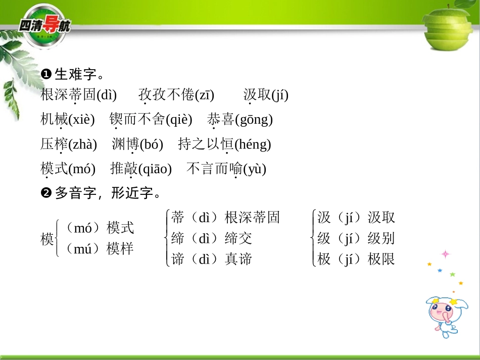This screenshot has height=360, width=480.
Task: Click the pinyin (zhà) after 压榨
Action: click(82, 145)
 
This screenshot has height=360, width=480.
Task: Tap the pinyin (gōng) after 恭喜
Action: click(254, 120)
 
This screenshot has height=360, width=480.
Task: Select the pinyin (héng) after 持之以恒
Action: click(253, 145)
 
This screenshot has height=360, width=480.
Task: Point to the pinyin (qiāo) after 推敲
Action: click(155, 169)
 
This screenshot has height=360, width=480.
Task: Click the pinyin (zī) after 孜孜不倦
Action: click(204, 95)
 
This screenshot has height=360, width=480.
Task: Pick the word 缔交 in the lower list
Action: click(238, 238)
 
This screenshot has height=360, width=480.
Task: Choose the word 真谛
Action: click(238, 260)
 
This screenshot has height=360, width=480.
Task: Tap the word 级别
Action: click(381, 238)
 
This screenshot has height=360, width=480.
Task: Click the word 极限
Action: click(381, 260)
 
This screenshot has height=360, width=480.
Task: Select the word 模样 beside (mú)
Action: click(120, 249)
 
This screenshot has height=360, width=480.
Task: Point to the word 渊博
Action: click(125, 145)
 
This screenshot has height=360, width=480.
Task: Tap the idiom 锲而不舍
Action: click(137, 120)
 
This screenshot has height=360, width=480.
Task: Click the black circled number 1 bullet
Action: click(46, 75)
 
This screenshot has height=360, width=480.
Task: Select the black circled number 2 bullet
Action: click(46, 193)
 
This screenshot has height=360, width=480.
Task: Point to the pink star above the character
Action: click(446, 253)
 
